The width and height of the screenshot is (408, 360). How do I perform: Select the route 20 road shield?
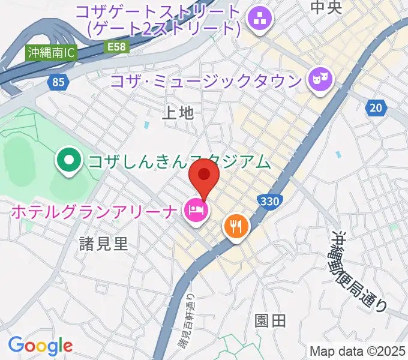point(375,107)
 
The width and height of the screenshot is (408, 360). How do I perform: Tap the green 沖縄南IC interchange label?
point(51,53)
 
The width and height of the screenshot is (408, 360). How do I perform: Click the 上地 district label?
point(179,112)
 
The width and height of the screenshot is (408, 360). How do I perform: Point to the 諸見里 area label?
point(104,243)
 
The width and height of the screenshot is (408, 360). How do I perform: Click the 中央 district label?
point(326,7)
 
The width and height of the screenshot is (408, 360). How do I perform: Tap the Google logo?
point(40,346)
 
